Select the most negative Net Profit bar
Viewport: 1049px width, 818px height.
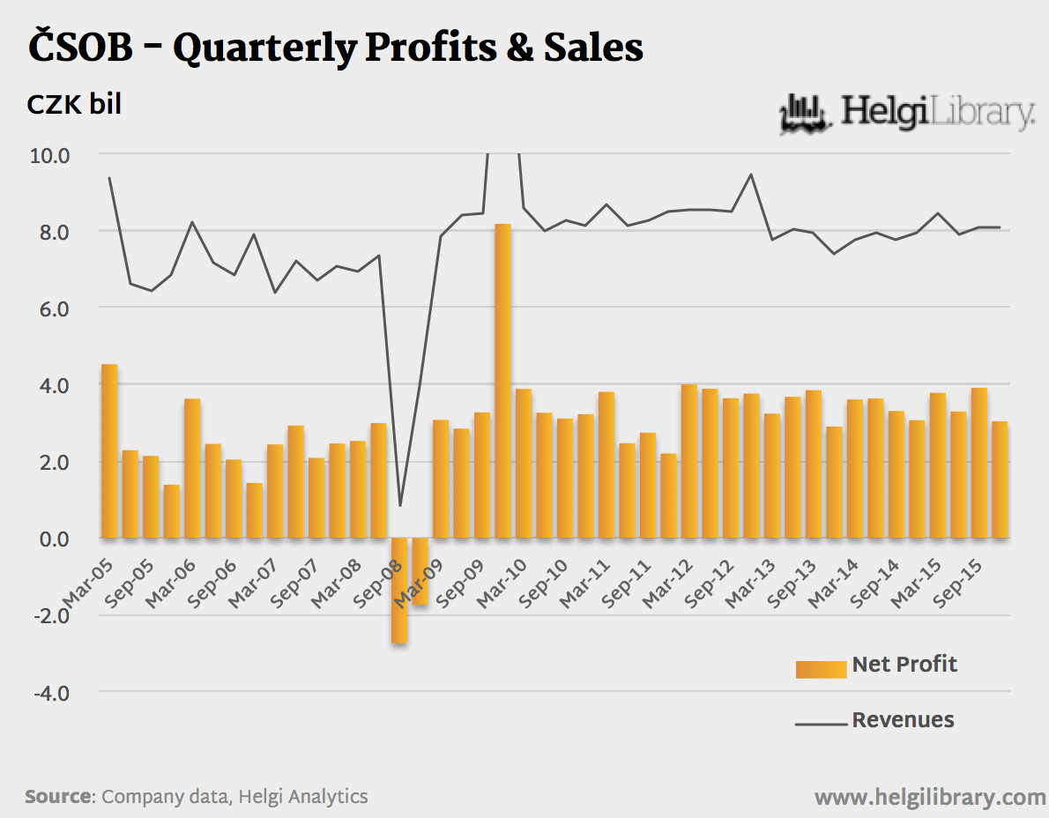click(399, 590)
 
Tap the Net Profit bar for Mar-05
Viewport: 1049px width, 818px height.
click(109, 450)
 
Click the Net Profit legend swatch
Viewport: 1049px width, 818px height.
click(820, 669)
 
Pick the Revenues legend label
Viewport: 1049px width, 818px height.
click(903, 720)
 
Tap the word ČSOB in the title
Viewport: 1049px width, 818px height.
click(80, 48)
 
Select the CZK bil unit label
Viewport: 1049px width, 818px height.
click(74, 104)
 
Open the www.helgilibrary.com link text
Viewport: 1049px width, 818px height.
click(930, 798)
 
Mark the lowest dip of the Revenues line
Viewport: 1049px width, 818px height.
click(399, 505)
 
